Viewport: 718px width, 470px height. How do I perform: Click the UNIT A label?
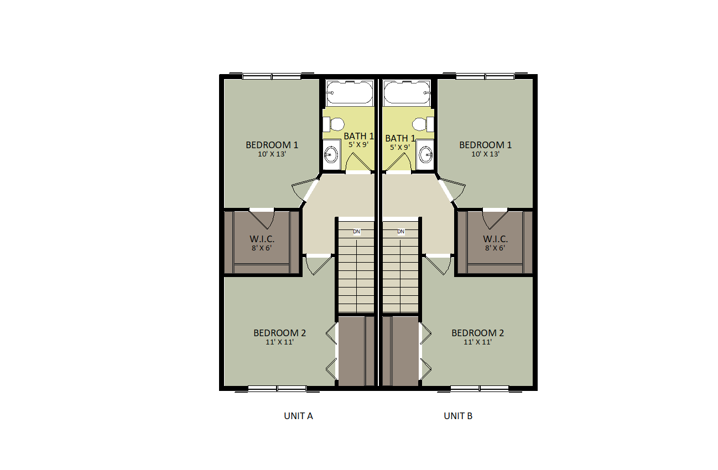(x=298, y=416)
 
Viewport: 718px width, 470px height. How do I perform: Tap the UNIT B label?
(x=457, y=416)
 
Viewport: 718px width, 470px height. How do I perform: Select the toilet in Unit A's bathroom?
(x=334, y=124)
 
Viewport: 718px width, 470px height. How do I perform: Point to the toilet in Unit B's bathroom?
(x=423, y=124)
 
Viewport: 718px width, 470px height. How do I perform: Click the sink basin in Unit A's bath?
(x=331, y=155)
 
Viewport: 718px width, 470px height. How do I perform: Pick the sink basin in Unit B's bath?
(x=426, y=155)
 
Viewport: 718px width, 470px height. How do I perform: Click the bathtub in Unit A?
(x=350, y=93)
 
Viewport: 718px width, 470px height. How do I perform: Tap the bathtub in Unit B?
(x=407, y=93)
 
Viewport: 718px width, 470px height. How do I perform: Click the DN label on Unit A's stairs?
(x=356, y=232)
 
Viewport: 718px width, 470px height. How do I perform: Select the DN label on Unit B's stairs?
(x=400, y=232)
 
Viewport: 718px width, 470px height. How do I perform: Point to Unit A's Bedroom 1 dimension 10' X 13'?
(x=272, y=154)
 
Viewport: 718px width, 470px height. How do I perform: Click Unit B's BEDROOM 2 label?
(x=477, y=333)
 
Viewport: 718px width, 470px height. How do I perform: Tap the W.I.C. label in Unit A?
(x=262, y=239)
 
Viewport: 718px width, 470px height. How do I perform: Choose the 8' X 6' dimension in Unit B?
(x=495, y=248)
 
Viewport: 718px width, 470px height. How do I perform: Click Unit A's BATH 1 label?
(x=358, y=136)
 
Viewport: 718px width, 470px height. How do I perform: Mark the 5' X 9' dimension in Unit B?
(x=400, y=148)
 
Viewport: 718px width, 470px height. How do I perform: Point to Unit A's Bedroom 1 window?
(x=272, y=77)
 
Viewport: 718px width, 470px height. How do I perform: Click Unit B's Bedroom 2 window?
(x=480, y=389)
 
